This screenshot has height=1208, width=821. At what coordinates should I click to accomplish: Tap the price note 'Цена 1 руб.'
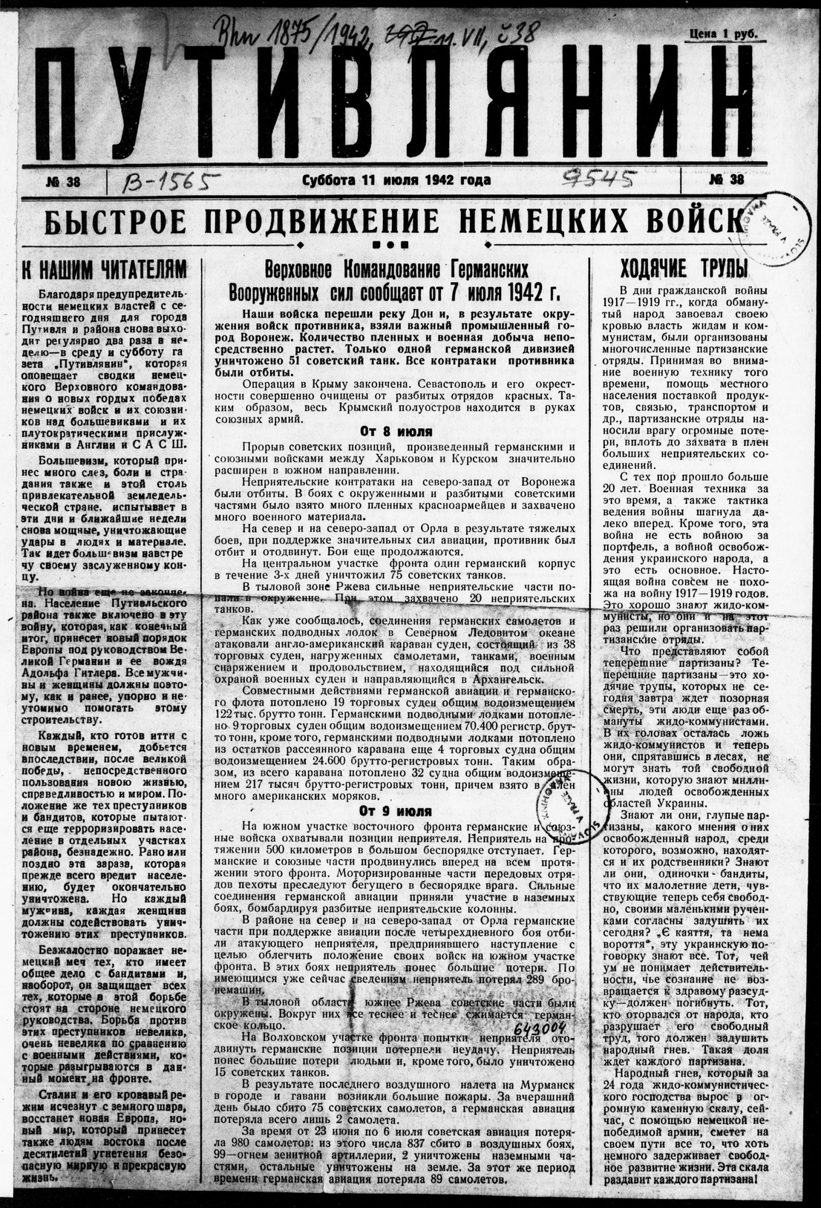tap(727, 32)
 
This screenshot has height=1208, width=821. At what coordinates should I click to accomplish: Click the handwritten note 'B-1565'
tap(169, 180)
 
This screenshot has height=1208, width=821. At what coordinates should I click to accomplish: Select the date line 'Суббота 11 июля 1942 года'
tap(396, 180)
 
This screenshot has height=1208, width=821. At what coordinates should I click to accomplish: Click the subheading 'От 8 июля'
tap(396, 431)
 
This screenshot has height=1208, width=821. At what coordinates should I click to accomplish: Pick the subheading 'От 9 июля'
tap(396, 810)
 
